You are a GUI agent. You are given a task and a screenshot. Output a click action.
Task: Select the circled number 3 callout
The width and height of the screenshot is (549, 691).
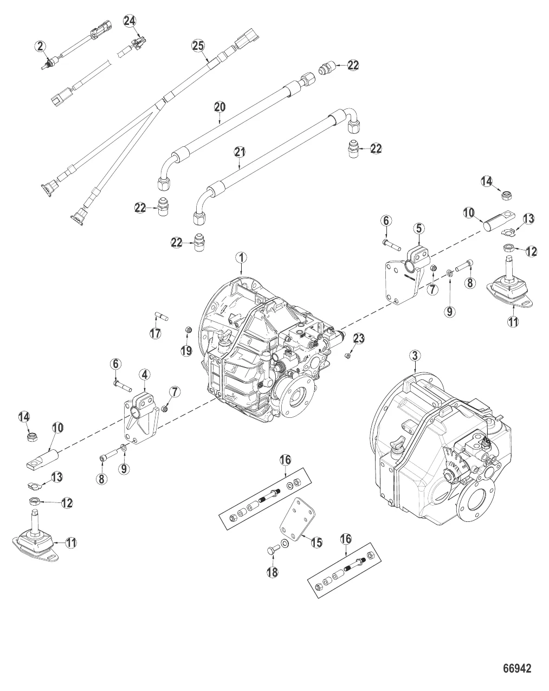tap(415, 356)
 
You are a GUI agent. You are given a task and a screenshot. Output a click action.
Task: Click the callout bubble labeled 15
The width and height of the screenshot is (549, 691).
tap(316, 541)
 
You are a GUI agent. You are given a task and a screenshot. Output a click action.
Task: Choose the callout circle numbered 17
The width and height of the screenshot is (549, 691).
tap(156, 333)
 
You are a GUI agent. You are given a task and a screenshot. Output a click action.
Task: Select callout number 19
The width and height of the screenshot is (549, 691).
tap(186, 351)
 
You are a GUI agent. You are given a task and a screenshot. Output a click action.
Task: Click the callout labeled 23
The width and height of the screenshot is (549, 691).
tap(359, 339)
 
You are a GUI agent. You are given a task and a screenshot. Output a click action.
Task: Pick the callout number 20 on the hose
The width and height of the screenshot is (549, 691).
tap(219, 107)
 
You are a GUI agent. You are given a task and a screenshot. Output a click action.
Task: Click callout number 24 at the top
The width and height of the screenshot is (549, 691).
tap(129, 21)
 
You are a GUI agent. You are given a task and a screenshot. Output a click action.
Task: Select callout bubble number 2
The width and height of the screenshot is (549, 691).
tap(41, 46)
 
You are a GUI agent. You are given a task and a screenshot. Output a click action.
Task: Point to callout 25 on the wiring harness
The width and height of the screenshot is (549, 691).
tap(198, 46)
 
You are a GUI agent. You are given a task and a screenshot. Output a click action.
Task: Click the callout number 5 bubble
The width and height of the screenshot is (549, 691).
tap(419, 229)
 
